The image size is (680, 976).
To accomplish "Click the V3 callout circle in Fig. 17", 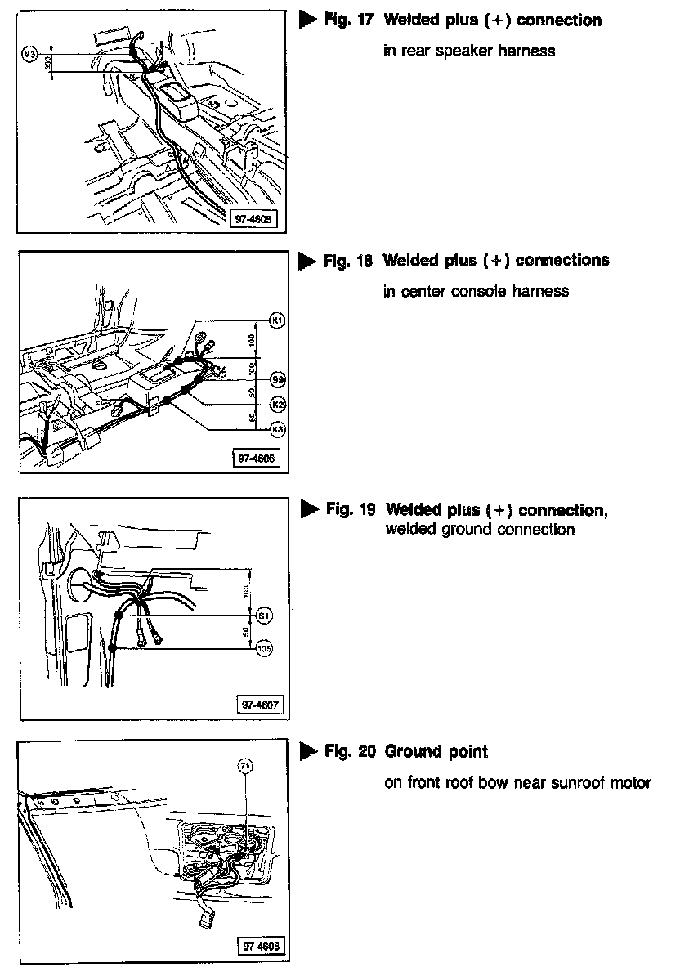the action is (29, 53).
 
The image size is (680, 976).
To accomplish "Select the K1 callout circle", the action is (278, 320).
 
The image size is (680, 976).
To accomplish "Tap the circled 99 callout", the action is (278, 379).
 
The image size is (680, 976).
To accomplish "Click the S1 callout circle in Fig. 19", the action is (263, 614).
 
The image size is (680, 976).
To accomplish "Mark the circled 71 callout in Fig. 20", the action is (244, 766).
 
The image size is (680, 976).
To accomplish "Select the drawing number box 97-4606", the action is (255, 459).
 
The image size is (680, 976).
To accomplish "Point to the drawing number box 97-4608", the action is (259, 946).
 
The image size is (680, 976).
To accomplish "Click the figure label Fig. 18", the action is (347, 261).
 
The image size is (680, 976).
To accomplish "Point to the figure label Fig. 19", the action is (350, 510).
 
